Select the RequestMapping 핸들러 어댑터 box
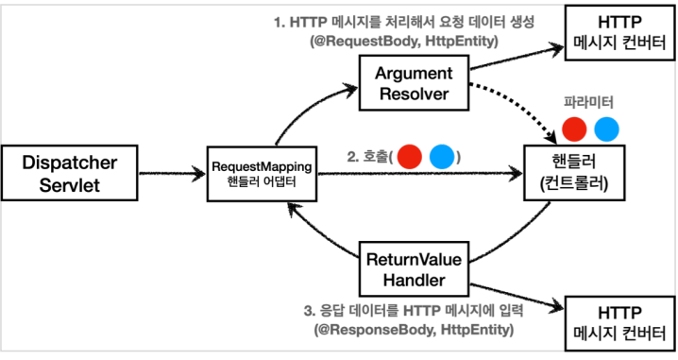265,173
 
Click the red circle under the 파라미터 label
574,129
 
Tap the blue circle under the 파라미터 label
606,129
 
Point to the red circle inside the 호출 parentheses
408,157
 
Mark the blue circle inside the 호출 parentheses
441,157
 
